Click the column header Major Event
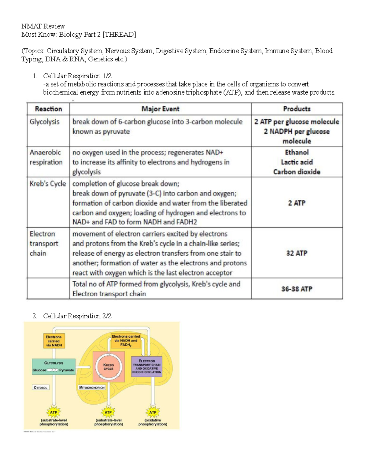click(x=160, y=109)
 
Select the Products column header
click(x=297, y=109)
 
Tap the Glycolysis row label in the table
click(x=45, y=122)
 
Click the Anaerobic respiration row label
click(x=46, y=157)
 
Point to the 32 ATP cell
click(x=297, y=253)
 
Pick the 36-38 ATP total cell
click(x=297, y=289)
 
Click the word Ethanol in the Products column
click(x=297, y=152)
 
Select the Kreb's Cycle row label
click(x=48, y=184)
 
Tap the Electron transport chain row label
click(x=44, y=243)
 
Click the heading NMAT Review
click(x=43, y=26)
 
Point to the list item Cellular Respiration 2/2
click(x=77, y=316)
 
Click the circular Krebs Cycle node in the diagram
click(x=109, y=367)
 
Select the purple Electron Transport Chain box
click(x=146, y=366)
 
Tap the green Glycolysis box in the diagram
click(x=54, y=366)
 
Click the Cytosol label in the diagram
click(x=40, y=388)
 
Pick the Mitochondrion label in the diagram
click(x=92, y=388)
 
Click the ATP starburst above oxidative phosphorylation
click(x=153, y=412)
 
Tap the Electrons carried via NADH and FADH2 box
click(x=126, y=340)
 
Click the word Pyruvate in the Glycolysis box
click(x=66, y=370)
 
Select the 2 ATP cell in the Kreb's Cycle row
click(x=297, y=203)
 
